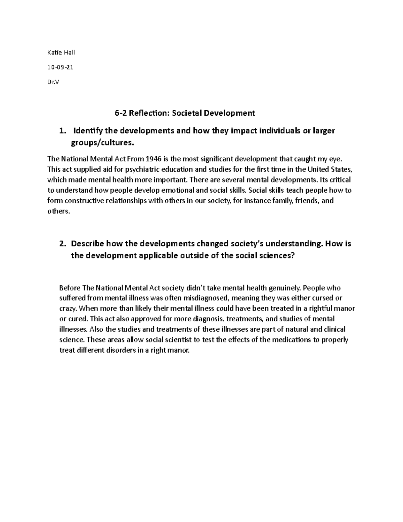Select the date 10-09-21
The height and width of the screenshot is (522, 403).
tap(60, 67)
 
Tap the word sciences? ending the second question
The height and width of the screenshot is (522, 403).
tap(277, 255)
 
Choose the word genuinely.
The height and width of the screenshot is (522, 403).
tap(285, 288)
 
